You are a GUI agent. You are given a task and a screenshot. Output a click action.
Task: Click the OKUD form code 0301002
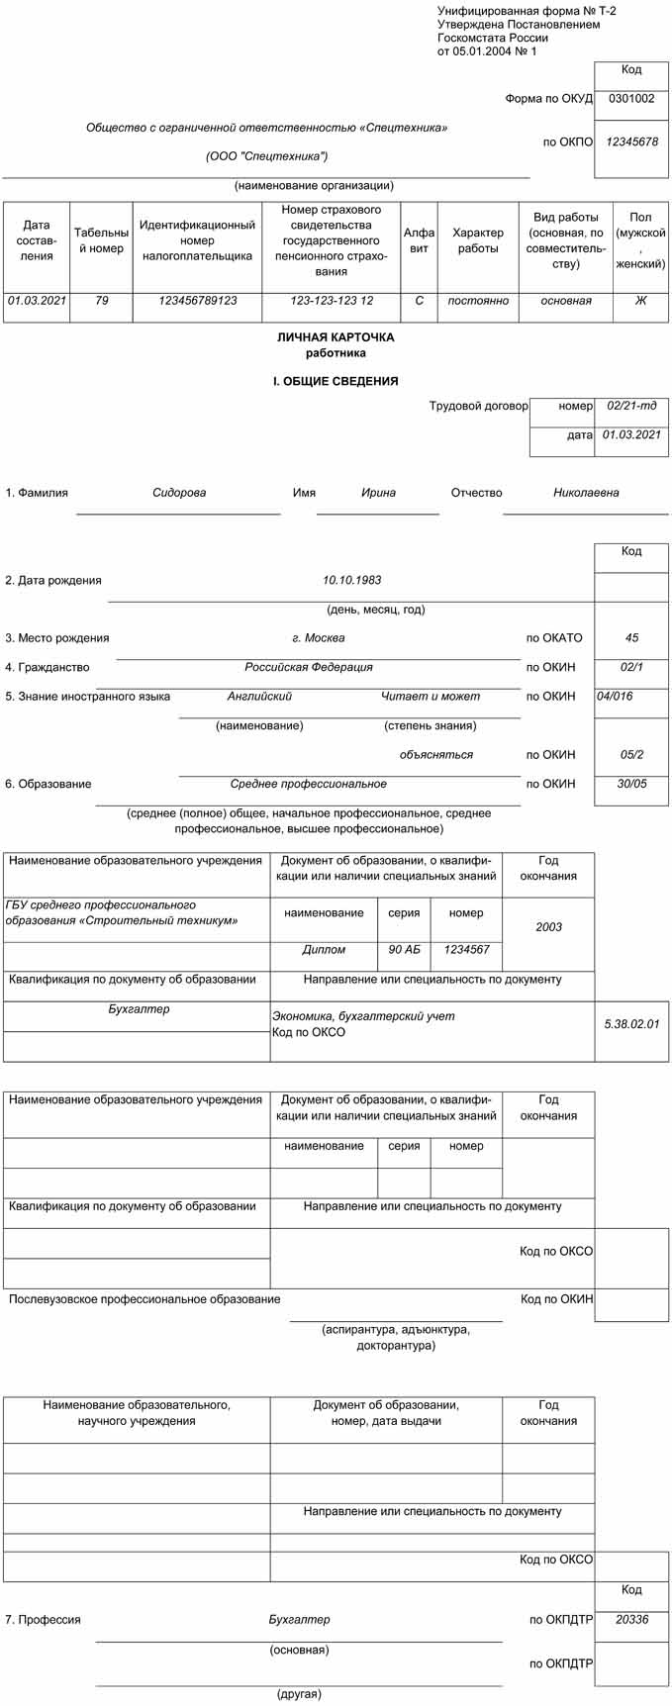pos(631,99)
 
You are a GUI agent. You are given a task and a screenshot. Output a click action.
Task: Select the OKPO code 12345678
pos(631,142)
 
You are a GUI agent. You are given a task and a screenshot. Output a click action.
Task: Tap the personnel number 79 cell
pos(102,301)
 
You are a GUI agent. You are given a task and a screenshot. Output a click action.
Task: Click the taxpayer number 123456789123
pos(197,301)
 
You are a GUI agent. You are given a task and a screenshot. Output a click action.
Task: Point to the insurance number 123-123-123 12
pos(332,301)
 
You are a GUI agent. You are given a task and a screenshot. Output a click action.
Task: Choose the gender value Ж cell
pos(640,301)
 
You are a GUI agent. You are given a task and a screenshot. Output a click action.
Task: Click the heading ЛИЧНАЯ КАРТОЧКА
pos(336,337)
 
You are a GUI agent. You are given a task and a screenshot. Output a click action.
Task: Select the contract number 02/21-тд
pos(631,406)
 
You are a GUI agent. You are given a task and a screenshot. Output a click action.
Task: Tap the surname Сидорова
pos(179,493)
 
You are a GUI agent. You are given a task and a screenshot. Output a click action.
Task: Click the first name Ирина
pos(378,493)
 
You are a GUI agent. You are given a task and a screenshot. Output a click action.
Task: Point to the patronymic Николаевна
pos(586,493)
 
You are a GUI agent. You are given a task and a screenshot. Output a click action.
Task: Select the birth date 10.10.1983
pos(351,581)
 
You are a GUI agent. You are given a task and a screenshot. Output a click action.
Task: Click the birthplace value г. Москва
pos(319,638)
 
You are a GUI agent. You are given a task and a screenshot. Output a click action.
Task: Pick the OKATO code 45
pos(631,638)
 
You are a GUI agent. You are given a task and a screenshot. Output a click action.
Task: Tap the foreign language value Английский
pos(259,697)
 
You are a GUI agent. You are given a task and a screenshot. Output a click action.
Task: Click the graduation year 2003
pos(548,927)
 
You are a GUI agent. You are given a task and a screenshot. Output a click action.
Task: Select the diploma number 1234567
pos(466,950)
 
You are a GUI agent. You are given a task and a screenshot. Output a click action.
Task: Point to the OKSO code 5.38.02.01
pos(631,1024)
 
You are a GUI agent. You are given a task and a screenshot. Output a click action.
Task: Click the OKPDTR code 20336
pos(631,1620)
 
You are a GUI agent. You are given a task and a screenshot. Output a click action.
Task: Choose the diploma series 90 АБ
pos(404,950)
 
